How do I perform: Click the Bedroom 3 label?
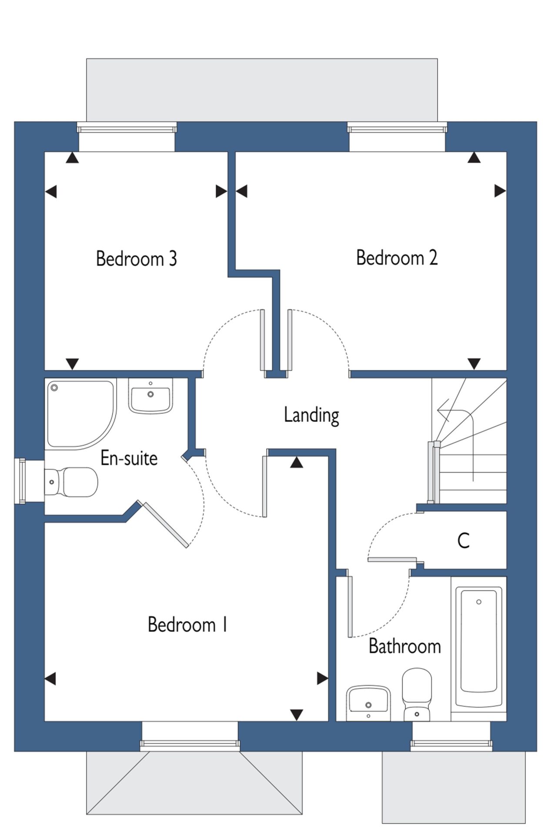137,258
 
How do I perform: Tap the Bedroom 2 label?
397,258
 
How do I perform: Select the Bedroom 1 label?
187,625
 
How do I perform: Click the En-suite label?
129,458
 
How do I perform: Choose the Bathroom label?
404,646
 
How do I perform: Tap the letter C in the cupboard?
464,541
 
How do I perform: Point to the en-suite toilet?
71,482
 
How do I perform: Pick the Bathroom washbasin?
369,703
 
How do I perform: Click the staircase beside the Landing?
470,441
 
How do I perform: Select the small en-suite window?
20,481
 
